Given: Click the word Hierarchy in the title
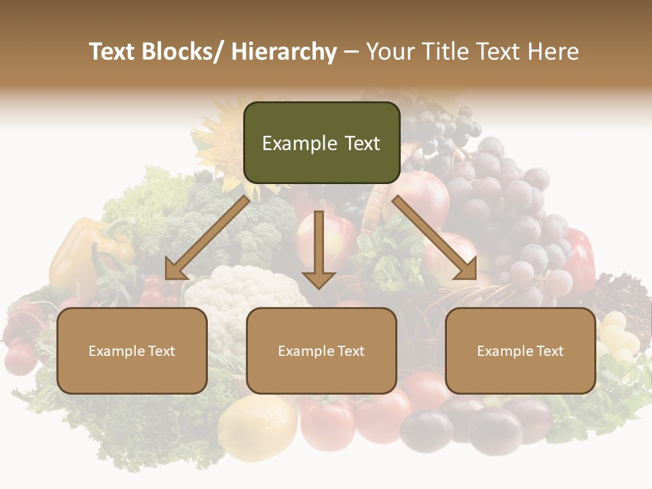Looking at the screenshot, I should [x=284, y=52].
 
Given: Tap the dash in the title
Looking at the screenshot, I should [x=351, y=52].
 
